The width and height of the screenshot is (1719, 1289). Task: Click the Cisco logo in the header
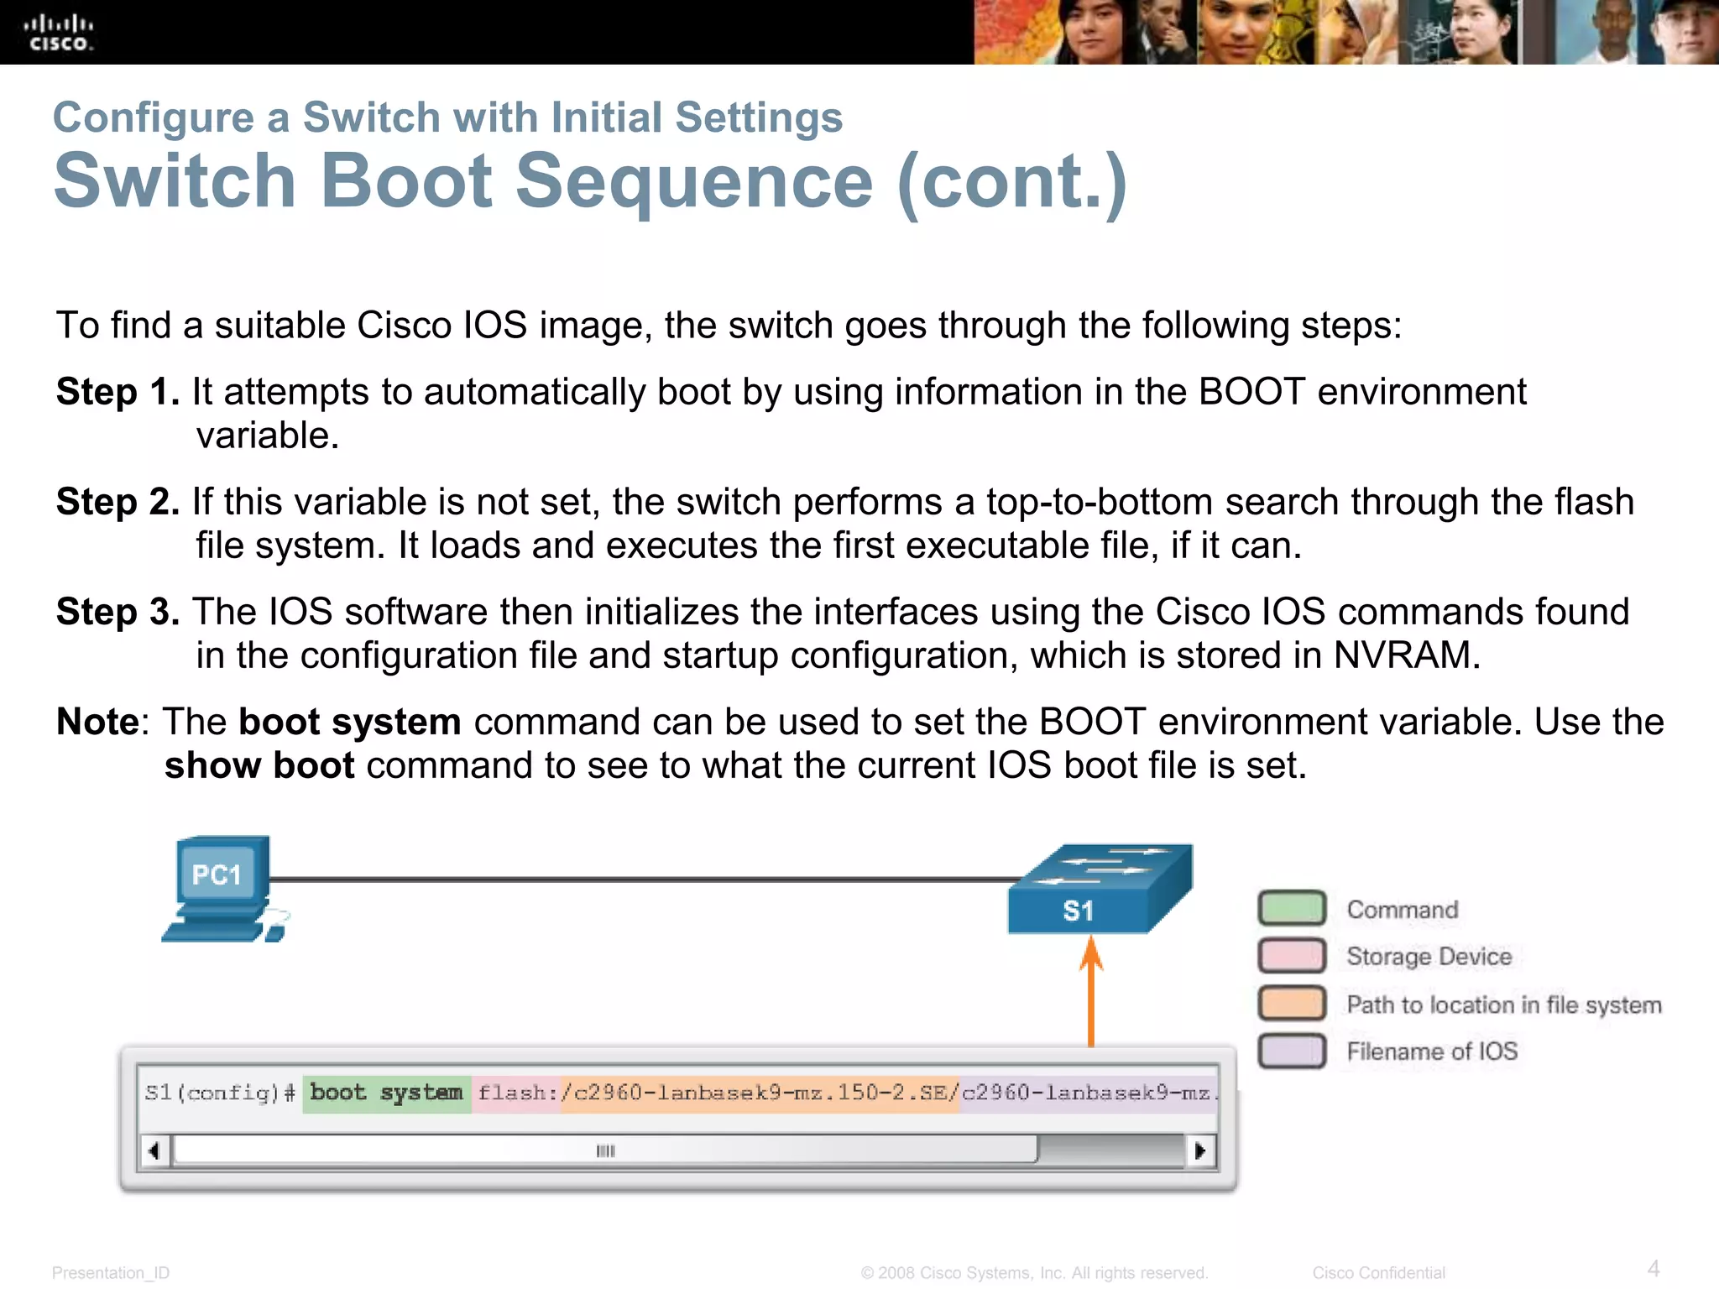point(58,33)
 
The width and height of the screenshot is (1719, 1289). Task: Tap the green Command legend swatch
point(1292,909)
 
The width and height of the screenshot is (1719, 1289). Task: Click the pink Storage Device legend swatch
point(1292,956)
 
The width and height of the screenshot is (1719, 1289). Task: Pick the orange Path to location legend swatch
point(1292,1004)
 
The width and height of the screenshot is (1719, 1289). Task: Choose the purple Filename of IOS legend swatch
point(1292,1051)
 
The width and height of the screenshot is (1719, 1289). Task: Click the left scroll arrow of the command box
point(154,1151)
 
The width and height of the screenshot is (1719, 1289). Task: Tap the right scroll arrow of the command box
point(1200,1151)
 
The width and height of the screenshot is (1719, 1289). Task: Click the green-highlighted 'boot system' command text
point(386,1093)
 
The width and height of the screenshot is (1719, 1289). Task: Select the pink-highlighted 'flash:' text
point(514,1093)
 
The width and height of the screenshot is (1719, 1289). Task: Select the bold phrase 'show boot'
point(259,766)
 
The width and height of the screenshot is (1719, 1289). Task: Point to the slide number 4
point(1653,1268)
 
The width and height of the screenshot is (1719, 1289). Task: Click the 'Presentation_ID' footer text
point(111,1273)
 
